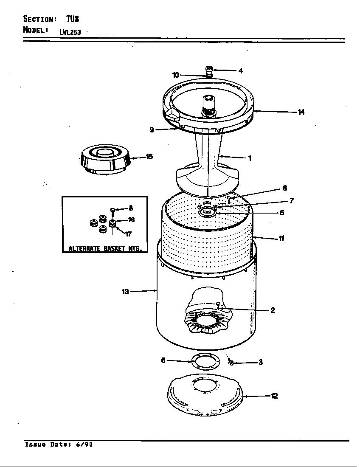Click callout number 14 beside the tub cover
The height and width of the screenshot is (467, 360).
tap(301, 112)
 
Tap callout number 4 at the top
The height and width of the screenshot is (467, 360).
tap(240, 71)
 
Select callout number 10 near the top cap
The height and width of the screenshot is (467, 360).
tap(176, 75)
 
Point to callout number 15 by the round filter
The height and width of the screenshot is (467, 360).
tap(149, 157)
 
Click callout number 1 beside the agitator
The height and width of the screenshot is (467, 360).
tap(250, 158)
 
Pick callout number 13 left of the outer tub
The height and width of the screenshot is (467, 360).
tap(125, 292)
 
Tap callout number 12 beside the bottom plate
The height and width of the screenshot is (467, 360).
tap(274, 396)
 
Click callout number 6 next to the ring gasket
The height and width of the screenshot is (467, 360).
tap(163, 360)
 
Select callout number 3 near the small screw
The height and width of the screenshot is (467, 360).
tap(260, 363)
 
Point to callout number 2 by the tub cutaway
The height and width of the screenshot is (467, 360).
tap(272, 310)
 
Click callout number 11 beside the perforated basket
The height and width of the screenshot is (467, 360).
tap(281, 238)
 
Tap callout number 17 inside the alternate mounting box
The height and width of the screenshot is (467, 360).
tap(128, 234)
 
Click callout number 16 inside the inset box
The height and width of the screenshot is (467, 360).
tap(131, 220)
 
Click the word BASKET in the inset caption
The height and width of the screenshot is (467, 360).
tap(113, 248)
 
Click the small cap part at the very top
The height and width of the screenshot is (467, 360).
tap(208, 70)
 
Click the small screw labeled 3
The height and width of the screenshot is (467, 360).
tap(231, 362)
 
